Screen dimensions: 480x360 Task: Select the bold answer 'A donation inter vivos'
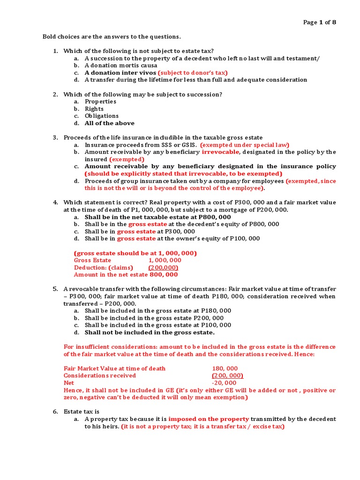[120, 73]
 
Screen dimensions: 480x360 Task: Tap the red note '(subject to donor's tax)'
[193, 73]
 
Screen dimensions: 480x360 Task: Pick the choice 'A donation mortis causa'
[120, 66]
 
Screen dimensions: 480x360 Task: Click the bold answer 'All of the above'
[109, 123]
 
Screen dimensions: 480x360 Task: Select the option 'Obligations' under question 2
[102, 116]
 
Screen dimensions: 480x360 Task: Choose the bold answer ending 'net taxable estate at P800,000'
[157, 217]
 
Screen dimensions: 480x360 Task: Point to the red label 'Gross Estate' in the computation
[92, 260]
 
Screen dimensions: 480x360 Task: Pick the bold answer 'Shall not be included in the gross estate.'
[150, 332]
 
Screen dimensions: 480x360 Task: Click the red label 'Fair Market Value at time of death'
[114, 368]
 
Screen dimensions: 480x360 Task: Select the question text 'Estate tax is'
[82, 411]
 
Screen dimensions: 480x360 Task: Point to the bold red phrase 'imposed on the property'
[209, 419]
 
